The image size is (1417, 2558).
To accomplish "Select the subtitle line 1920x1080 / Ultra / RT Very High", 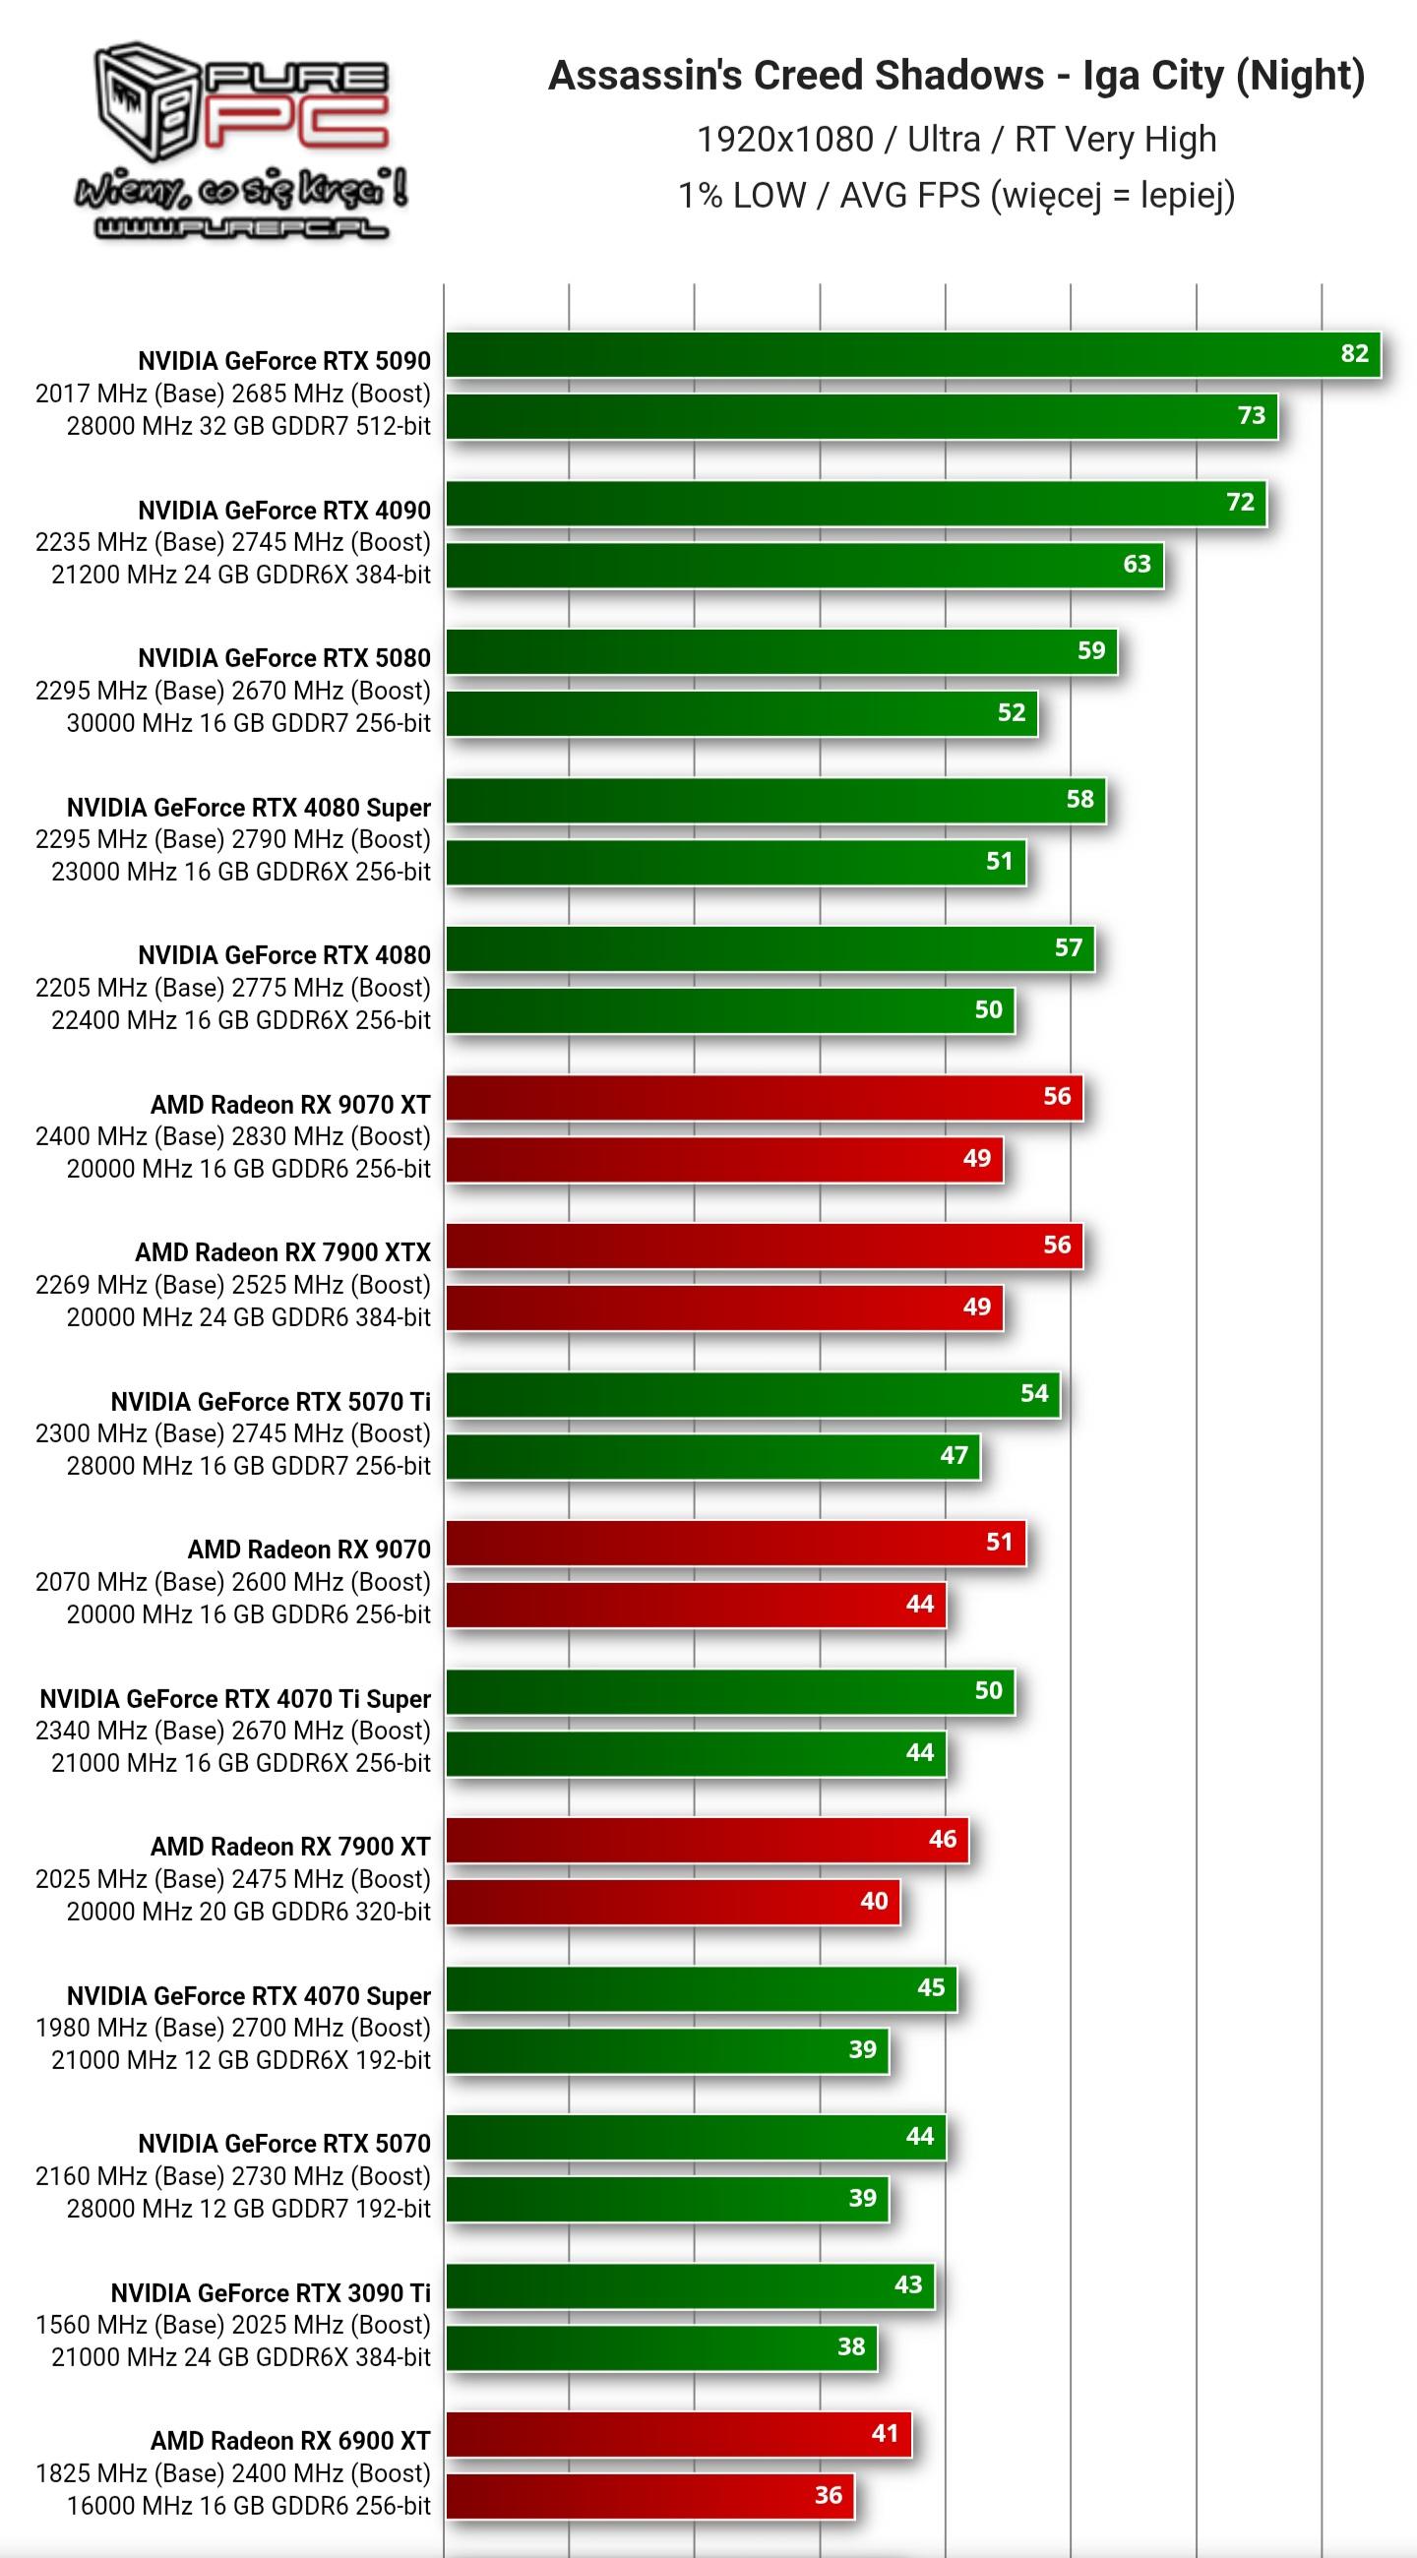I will tap(955, 139).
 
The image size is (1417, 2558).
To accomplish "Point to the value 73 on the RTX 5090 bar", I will tap(1251, 416).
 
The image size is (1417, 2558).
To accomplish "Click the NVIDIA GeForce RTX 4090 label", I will tap(284, 511).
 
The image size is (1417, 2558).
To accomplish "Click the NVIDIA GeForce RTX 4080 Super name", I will tap(248, 808).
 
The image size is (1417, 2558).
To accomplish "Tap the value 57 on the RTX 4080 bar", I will tap(1068, 948).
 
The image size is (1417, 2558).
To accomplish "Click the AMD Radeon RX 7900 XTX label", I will tap(283, 1252).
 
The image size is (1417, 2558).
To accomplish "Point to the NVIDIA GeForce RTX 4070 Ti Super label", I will tap(235, 1699).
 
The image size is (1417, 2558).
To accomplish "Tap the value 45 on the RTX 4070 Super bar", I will tap(931, 1988).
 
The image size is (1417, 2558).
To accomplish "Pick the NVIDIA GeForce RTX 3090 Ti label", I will tap(270, 2293).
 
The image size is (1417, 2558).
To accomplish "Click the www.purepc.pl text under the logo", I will tap(241, 229).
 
